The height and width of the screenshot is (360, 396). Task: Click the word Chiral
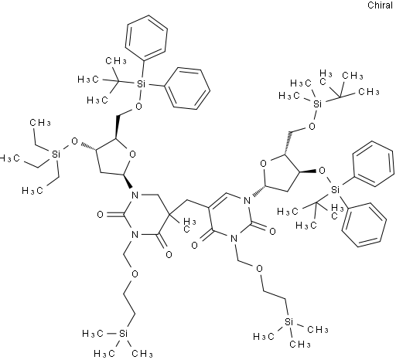380,5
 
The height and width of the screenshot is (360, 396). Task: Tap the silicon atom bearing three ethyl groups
56,154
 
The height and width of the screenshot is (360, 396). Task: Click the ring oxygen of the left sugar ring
132,155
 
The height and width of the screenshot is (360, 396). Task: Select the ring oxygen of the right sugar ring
263,163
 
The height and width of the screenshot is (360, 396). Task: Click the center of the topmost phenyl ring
146,38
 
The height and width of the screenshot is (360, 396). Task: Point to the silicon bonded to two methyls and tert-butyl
318,104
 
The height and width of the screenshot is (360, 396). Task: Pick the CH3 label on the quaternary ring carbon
189,224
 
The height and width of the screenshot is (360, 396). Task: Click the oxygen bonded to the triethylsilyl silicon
74,141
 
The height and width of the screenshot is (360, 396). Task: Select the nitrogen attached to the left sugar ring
135,195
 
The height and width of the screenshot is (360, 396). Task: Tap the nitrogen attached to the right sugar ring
247,200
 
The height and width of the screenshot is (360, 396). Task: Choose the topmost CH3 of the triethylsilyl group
40,123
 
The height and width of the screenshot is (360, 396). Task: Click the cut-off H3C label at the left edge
9,158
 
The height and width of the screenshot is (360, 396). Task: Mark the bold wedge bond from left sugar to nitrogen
128,182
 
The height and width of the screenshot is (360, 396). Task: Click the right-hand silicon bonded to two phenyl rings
335,190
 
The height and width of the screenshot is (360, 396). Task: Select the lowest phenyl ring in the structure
364,225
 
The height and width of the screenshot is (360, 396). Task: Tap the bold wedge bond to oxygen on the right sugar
308,172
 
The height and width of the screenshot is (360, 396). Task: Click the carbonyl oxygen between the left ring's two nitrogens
101,214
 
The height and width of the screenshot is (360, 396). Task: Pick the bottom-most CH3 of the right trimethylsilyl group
300,345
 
